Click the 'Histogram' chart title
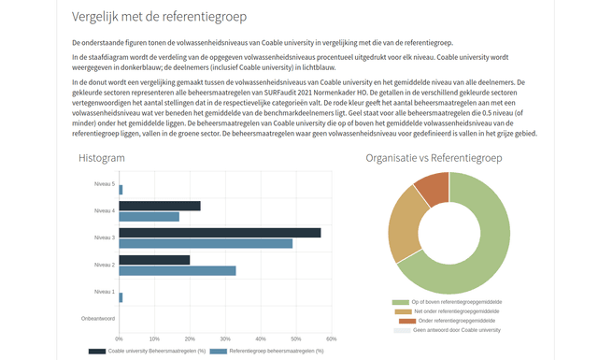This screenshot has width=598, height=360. click(102, 158)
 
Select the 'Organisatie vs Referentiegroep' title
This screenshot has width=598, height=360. click(434, 158)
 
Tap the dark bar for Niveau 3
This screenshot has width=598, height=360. click(219, 233)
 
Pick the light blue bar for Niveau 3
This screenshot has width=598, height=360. click(206, 243)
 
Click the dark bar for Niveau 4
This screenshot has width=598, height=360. click(159, 206)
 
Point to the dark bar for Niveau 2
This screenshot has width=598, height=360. click(153, 260)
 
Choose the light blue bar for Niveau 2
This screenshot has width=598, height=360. click(177, 270)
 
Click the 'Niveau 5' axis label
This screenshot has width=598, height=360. click(105, 184)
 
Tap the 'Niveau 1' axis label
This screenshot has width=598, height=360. click(105, 292)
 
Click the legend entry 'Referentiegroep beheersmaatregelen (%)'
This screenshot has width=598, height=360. click(263, 351)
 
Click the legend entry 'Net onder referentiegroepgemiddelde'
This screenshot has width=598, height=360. click(453, 311)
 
